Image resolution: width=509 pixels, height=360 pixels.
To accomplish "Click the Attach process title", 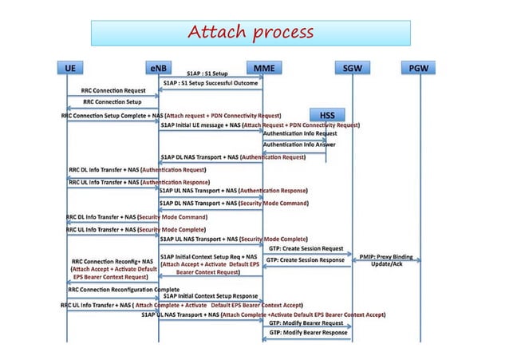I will pyautogui.click(x=250, y=33).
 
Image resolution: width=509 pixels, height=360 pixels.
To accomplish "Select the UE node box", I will pyautogui.click(x=69, y=68).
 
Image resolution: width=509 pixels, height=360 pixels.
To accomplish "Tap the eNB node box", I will pyautogui.click(x=158, y=68).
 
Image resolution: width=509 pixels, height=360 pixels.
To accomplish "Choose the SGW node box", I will pyautogui.click(x=352, y=68).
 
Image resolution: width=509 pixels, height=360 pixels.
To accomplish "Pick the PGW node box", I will pyautogui.click(x=419, y=68).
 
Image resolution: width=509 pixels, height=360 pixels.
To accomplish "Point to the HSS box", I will pyautogui.click(x=327, y=114).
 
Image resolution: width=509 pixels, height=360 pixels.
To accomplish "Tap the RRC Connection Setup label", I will pyautogui.click(x=112, y=102).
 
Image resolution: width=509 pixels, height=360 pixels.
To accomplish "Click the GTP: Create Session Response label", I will pyautogui.click(x=306, y=260).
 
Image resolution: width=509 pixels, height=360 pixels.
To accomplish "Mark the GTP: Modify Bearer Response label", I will pyautogui.click(x=306, y=334).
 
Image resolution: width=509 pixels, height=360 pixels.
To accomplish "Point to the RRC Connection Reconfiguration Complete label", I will pyautogui.click(x=124, y=288).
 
